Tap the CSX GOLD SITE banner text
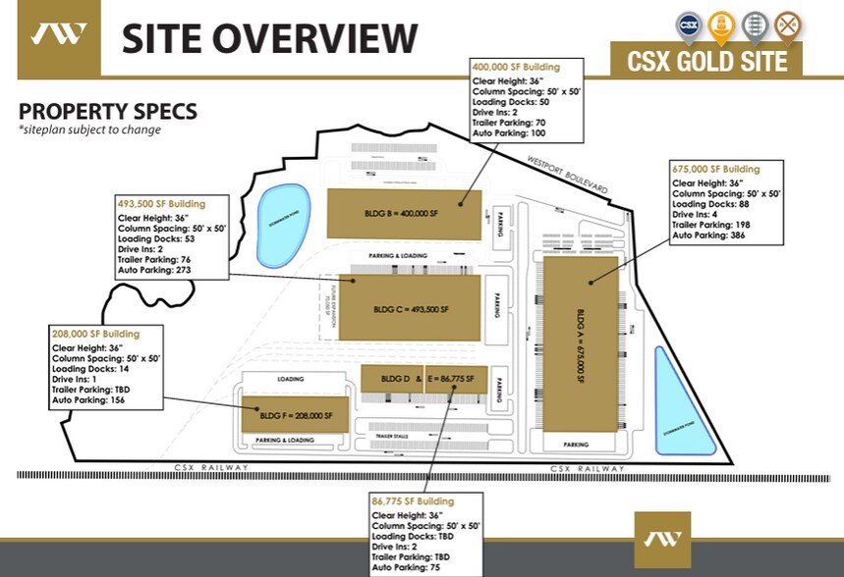tap(707, 61)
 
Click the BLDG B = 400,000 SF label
tap(404, 212)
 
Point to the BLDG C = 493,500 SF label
tap(411, 308)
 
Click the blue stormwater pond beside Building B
tap(282, 225)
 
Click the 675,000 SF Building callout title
tap(715, 169)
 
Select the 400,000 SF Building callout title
tap(516, 67)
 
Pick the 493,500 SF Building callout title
tap(161, 204)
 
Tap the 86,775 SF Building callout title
tap(413, 501)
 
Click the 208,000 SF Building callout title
tap(95, 335)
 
